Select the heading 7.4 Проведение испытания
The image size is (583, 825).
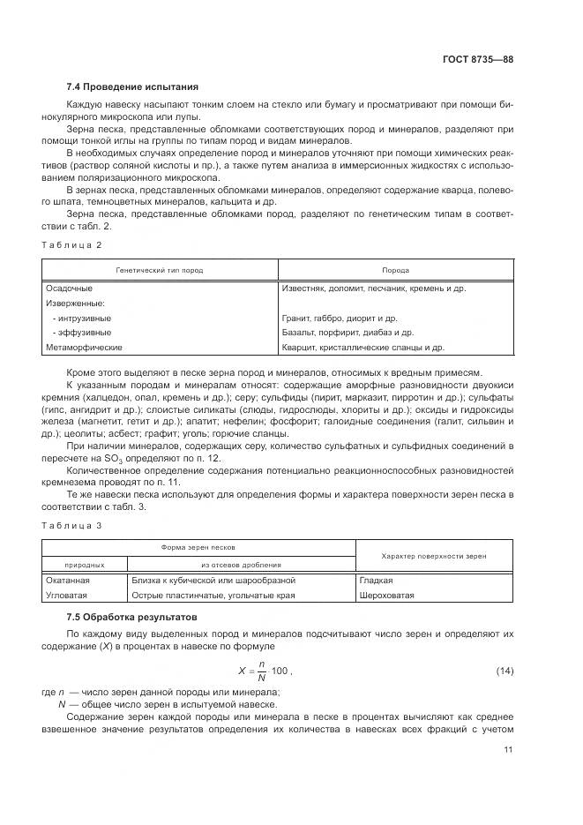[x=132, y=87]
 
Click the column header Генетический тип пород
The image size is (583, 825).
[x=160, y=270]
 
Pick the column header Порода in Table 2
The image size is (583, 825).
[x=395, y=270]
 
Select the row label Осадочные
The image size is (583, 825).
[x=69, y=289]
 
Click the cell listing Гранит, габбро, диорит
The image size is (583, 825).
[x=340, y=318]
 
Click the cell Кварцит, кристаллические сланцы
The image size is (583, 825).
[x=363, y=348]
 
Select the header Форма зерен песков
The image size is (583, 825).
[x=197, y=548]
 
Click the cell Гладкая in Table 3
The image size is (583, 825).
[x=376, y=581]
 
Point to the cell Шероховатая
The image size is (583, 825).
[x=386, y=596]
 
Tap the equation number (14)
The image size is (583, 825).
[x=505, y=672]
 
